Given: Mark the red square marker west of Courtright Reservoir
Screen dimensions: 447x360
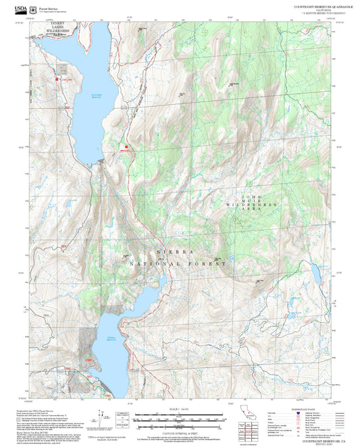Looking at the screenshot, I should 57,81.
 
